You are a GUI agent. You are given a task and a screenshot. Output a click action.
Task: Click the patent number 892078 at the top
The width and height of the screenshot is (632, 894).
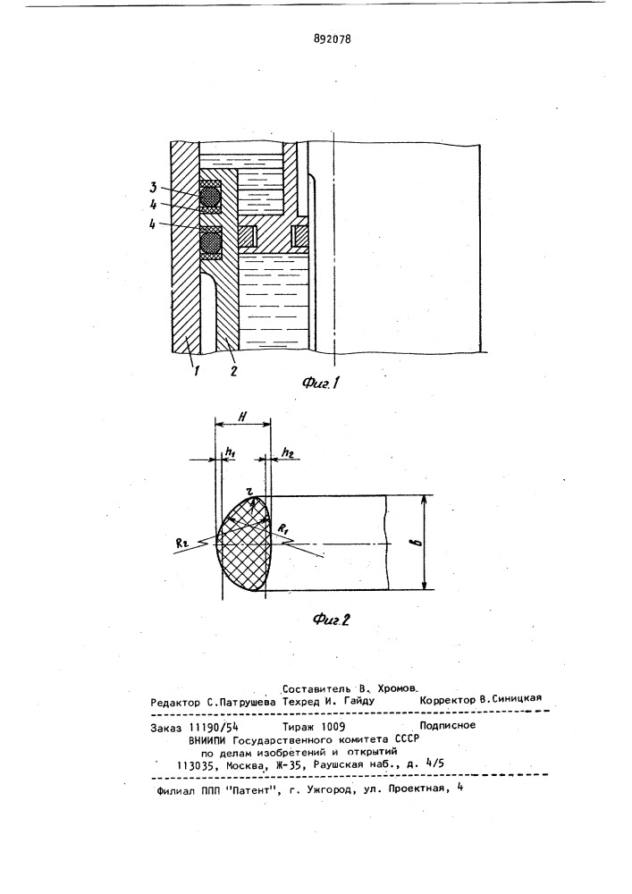pyautogui.click(x=333, y=39)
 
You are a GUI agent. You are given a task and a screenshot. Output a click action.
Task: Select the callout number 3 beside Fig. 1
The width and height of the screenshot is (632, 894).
pyautogui.click(x=153, y=188)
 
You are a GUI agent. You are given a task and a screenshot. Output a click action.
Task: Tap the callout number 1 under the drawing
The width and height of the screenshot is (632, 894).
pyautogui.click(x=195, y=371)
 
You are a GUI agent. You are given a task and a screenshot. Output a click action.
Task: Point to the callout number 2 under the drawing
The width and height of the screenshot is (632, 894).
pyautogui.click(x=232, y=371)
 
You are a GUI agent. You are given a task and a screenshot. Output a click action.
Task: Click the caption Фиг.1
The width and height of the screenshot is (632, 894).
pyautogui.click(x=321, y=384)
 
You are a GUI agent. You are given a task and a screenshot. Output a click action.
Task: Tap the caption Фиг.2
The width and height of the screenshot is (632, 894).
pyautogui.click(x=331, y=620)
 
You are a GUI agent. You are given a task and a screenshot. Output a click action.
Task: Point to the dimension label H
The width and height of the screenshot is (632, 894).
pyautogui.click(x=241, y=417)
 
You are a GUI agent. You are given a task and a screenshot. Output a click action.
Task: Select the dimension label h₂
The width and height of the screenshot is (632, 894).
pyautogui.click(x=287, y=452)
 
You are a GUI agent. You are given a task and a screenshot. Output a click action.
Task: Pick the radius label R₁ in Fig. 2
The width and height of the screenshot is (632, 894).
pyautogui.click(x=282, y=528)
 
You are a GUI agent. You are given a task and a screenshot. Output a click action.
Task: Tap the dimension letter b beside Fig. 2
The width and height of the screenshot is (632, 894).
pyautogui.click(x=419, y=543)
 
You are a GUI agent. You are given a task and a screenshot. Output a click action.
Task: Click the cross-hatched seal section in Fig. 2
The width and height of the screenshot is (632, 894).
pyautogui.click(x=244, y=543)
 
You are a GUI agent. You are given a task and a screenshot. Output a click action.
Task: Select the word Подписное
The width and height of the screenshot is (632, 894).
pyautogui.click(x=447, y=725)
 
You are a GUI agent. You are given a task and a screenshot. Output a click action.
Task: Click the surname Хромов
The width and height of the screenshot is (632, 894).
pyautogui.click(x=398, y=688)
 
